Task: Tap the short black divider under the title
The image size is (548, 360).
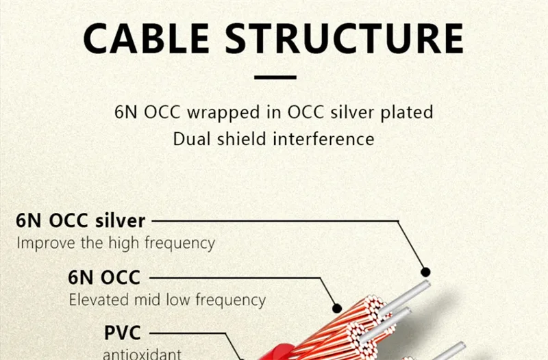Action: (x=274, y=77)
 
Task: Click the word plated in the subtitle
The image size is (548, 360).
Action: (x=409, y=112)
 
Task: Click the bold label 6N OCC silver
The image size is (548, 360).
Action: (x=81, y=221)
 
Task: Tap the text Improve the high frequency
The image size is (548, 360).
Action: (x=115, y=243)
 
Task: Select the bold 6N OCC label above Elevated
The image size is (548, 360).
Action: (x=104, y=278)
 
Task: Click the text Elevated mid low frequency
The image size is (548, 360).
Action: (x=166, y=300)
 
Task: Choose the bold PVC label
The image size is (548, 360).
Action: (x=123, y=334)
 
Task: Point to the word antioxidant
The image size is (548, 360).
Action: (x=142, y=354)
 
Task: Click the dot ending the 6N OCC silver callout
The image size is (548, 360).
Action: (x=425, y=272)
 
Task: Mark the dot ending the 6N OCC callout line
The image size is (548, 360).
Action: (x=336, y=308)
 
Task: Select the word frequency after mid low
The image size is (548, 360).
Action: (x=231, y=300)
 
